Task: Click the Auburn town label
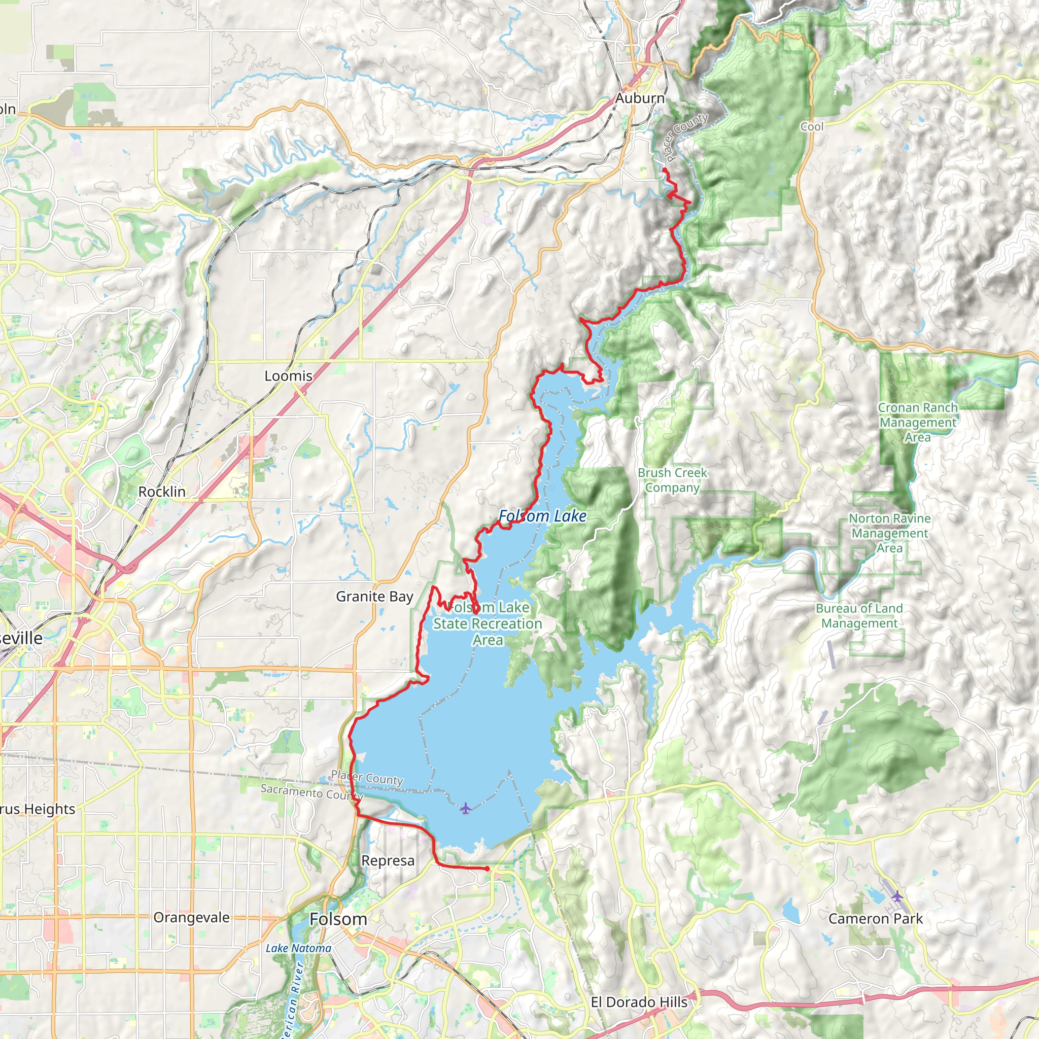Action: pyautogui.click(x=639, y=98)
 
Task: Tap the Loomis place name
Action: pyautogui.click(x=288, y=376)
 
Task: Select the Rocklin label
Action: pyautogui.click(x=162, y=492)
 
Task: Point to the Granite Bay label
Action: pyautogui.click(x=374, y=597)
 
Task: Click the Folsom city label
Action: pyautogui.click(x=338, y=919)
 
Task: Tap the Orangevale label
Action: pyautogui.click(x=191, y=917)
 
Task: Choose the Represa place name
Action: pyautogui.click(x=388, y=860)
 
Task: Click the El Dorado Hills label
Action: pyautogui.click(x=639, y=1002)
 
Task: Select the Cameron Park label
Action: pyautogui.click(x=875, y=919)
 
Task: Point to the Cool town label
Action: pyautogui.click(x=812, y=126)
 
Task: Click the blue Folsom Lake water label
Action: pyautogui.click(x=542, y=516)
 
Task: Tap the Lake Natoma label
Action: pyautogui.click(x=298, y=948)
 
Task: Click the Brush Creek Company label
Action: pyautogui.click(x=672, y=480)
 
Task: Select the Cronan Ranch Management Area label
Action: pyautogui.click(x=917, y=422)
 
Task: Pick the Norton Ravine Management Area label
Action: pyautogui.click(x=889, y=533)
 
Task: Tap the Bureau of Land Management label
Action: pyautogui.click(x=859, y=616)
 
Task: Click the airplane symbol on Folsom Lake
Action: pyautogui.click(x=466, y=808)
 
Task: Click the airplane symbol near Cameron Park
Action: pyautogui.click(x=897, y=896)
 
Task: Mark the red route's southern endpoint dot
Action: pyautogui.click(x=487, y=869)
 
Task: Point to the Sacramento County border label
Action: pyautogui.click(x=311, y=791)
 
